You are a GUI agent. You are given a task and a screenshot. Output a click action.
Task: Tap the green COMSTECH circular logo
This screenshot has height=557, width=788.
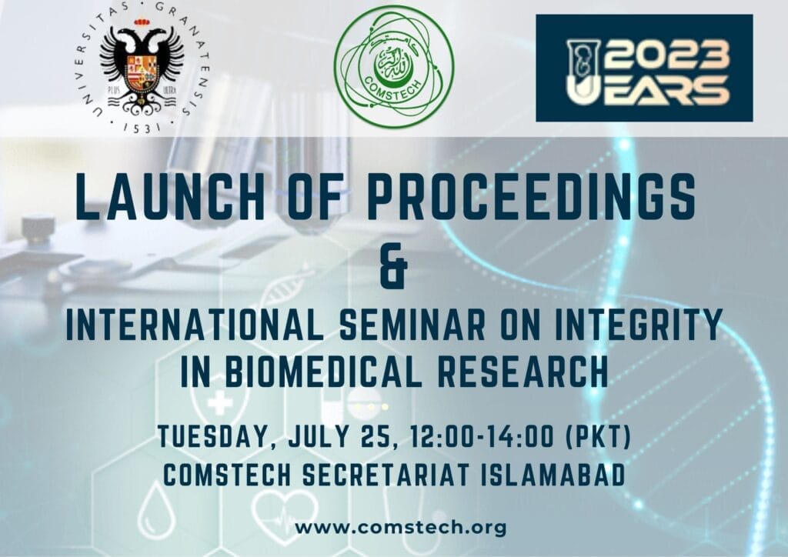[394, 66]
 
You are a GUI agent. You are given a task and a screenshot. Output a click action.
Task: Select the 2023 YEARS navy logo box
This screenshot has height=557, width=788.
[644, 68]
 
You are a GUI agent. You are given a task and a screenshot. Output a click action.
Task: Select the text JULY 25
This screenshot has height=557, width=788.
[339, 436]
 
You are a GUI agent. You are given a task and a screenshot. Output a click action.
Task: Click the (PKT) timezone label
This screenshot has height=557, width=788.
[599, 436]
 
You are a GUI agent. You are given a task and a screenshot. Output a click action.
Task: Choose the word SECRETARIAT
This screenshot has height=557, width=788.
[386, 475]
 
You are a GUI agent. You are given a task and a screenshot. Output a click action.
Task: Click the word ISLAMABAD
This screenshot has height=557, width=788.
[553, 475]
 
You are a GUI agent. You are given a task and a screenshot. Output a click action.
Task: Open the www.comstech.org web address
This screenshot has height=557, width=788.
[400, 528]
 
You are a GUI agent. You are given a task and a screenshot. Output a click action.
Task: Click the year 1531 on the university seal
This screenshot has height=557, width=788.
[142, 128]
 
